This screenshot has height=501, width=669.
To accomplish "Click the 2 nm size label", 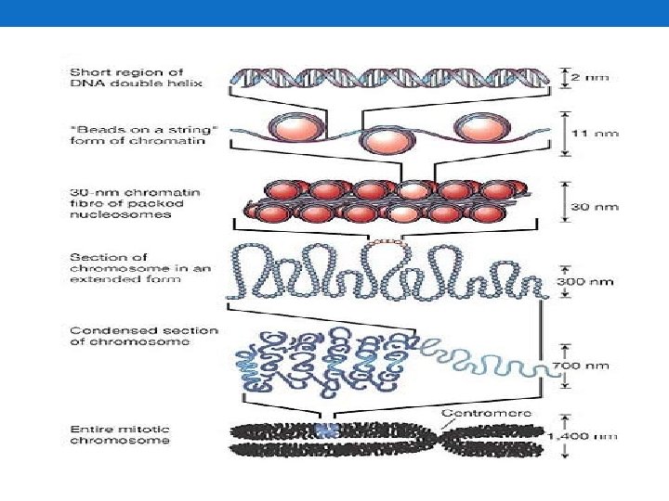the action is (x=591, y=77).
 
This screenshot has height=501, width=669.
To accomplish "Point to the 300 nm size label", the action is (x=592, y=281).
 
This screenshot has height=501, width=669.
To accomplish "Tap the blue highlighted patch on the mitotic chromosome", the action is (x=323, y=430).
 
